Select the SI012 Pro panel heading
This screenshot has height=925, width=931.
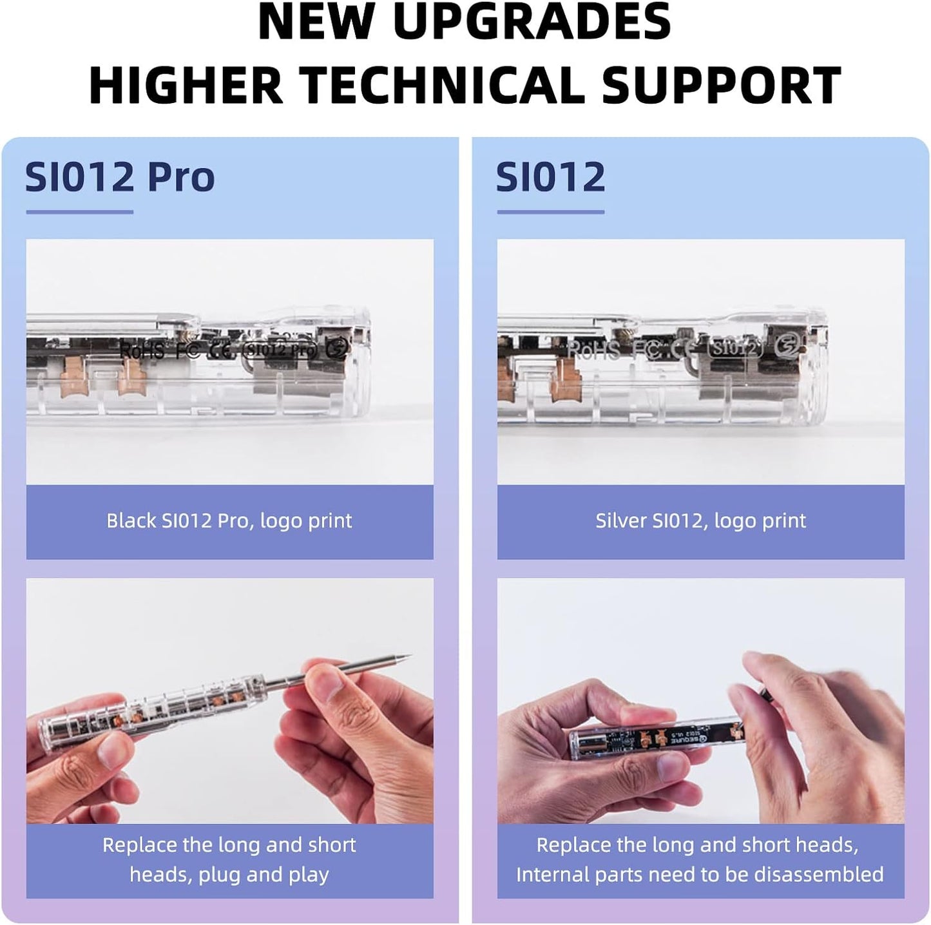120,177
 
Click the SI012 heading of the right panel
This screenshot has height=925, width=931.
551,177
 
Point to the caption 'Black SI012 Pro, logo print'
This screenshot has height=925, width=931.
229,520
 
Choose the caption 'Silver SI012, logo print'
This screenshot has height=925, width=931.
700,520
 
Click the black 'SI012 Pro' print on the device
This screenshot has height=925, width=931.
281,350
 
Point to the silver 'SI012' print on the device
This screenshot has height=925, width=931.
735,348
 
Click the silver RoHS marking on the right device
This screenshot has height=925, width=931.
594,350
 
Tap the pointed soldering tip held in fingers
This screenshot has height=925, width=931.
403,660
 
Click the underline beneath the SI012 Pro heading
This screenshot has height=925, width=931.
79,211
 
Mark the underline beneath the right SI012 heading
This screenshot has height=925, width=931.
550,211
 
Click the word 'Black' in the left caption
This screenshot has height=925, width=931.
131,520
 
